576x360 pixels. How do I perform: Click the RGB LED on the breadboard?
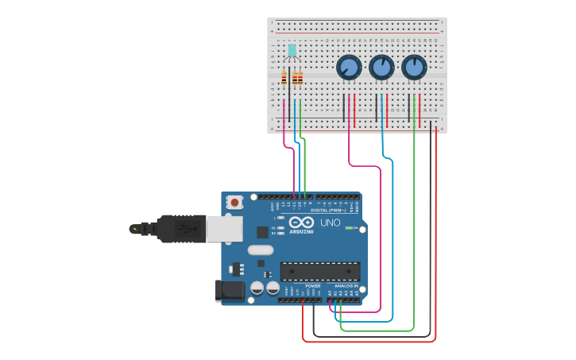(x=292, y=51)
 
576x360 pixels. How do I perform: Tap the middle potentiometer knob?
(x=381, y=67)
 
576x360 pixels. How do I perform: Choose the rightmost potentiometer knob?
(x=414, y=67)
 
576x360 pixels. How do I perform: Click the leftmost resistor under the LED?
(x=284, y=78)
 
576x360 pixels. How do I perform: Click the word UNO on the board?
(x=330, y=223)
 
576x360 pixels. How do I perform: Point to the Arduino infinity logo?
(x=302, y=223)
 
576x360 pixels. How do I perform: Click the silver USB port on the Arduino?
(x=224, y=229)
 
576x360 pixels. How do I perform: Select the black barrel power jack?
(x=231, y=290)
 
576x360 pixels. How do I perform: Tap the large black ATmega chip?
(x=320, y=271)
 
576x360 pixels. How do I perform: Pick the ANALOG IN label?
(x=346, y=286)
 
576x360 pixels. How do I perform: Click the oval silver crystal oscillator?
(x=261, y=250)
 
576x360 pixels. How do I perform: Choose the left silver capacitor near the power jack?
(x=257, y=288)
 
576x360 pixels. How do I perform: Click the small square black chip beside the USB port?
(x=262, y=232)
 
